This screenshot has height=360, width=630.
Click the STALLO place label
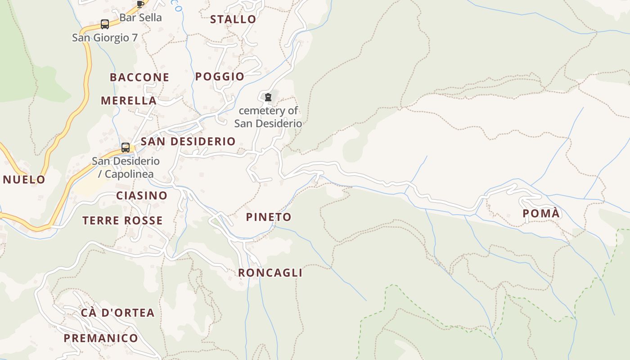(x=233, y=19)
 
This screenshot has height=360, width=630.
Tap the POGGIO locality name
(x=220, y=76)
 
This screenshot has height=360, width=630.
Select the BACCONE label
(x=139, y=77)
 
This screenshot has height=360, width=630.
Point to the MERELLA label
(x=129, y=100)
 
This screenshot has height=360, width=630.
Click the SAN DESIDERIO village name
(x=188, y=141)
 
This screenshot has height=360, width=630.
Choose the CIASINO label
(x=142, y=196)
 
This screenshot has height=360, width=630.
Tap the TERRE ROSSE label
(x=122, y=220)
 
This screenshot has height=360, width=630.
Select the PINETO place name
(x=269, y=217)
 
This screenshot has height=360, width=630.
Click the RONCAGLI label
(x=270, y=273)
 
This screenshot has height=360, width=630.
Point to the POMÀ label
(x=541, y=213)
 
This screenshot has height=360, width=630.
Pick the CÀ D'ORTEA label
(x=118, y=313)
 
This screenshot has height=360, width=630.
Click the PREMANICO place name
(x=101, y=338)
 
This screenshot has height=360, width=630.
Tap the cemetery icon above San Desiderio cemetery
(x=268, y=97)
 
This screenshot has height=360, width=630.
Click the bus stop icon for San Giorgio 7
(x=105, y=24)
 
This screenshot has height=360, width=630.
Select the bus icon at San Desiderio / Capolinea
(x=126, y=147)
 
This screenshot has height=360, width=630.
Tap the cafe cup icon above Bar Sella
(x=140, y=4)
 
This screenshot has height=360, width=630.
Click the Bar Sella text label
(x=140, y=18)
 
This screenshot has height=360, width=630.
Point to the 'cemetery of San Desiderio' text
(x=268, y=117)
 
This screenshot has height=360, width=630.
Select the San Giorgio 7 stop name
(x=105, y=38)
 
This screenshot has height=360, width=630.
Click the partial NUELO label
(x=24, y=180)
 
